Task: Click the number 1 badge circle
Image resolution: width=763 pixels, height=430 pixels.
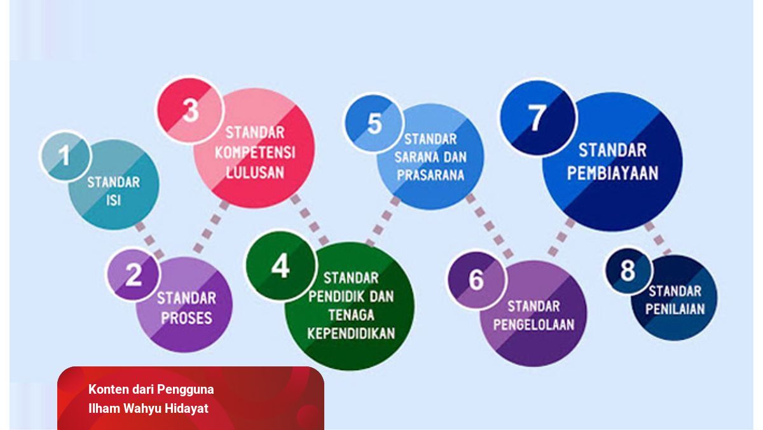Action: pyautogui.click(x=65, y=156)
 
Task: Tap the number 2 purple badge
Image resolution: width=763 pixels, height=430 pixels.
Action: pyautogui.click(x=134, y=275)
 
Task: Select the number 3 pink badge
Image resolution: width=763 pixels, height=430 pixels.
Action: pyautogui.click(x=190, y=110)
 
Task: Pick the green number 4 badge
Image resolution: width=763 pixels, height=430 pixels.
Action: pyautogui.click(x=281, y=266)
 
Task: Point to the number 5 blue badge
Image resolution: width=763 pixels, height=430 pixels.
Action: pyautogui.click(x=374, y=123)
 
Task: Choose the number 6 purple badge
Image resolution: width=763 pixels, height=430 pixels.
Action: pyautogui.click(x=476, y=280)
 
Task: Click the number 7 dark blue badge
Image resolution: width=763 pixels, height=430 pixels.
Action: pyautogui.click(x=538, y=118)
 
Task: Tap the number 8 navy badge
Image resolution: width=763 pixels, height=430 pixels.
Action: pyautogui.click(x=629, y=271)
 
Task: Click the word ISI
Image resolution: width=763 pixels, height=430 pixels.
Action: pyautogui.click(x=113, y=200)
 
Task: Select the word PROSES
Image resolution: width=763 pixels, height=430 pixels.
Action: pyautogui.click(x=187, y=318)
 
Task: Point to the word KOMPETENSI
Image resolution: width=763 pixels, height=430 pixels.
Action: pyautogui.click(x=255, y=153)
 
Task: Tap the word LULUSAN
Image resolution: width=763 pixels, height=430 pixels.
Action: pyautogui.click(x=255, y=173)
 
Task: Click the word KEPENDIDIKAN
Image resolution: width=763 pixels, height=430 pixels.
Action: pyautogui.click(x=351, y=333)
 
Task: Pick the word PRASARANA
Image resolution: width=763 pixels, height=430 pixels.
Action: pyautogui.click(x=430, y=175)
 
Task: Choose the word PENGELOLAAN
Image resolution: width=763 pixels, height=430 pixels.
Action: pyautogui.click(x=533, y=324)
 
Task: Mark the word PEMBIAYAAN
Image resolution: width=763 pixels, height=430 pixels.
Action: pyautogui.click(x=612, y=173)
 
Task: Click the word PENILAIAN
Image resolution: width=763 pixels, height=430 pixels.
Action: pyautogui.click(x=675, y=309)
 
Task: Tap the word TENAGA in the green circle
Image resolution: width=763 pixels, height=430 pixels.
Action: pyautogui.click(x=351, y=315)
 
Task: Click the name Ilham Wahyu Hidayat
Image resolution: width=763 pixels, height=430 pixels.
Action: pyautogui.click(x=148, y=408)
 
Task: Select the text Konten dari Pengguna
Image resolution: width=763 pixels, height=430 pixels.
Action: pyautogui.click(x=151, y=389)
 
